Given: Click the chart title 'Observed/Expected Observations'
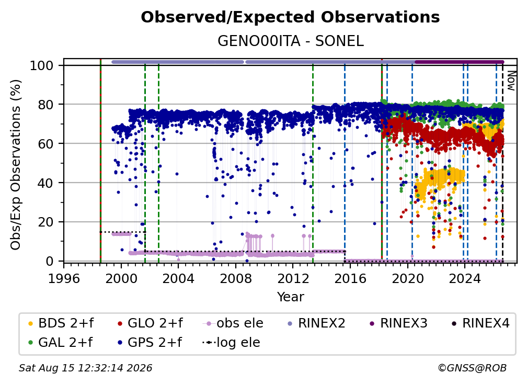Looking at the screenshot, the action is (x=290, y=17).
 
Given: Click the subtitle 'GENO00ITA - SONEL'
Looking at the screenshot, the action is (x=290, y=41).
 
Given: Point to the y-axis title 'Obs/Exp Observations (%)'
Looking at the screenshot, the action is (x=16, y=164).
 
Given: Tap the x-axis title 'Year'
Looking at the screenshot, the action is (x=290, y=297).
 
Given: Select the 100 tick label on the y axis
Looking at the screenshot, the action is (x=41, y=65).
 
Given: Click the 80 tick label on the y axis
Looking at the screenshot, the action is (x=45, y=105).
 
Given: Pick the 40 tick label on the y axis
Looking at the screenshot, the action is (x=45, y=183).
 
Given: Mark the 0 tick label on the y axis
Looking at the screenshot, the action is (x=49, y=261).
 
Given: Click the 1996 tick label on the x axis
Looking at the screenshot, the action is (x=64, y=278).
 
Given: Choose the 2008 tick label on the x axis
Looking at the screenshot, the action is (x=236, y=278).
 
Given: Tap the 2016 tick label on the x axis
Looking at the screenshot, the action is (x=350, y=278).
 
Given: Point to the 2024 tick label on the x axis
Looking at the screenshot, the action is (x=465, y=278).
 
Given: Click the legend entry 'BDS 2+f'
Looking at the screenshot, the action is (x=61, y=323).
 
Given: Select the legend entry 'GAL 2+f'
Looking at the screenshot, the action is (x=60, y=342).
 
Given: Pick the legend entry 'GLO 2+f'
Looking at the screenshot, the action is (x=150, y=323).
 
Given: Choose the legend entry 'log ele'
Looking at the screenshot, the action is (x=231, y=342).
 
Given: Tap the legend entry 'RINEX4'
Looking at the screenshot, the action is (x=480, y=323).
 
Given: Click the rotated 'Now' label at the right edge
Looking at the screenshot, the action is (x=511, y=81).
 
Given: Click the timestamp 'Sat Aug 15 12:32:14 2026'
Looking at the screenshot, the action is (x=85, y=368).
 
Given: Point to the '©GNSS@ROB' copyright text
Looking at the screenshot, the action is (x=472, y=368).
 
